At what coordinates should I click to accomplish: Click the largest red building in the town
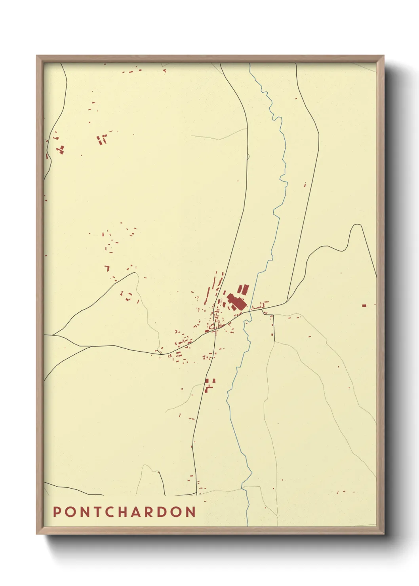point(236,302)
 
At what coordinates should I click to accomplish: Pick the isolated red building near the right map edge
point(364,305)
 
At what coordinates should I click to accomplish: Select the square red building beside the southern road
point(207,381)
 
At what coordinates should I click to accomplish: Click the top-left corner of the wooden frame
point(37,56)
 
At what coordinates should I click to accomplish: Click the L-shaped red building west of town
point(107,268)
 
